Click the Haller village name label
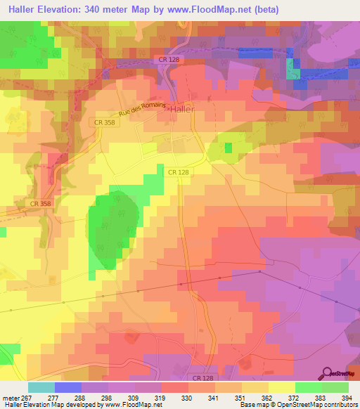tap(181, 109)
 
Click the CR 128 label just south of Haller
tap(179, 171)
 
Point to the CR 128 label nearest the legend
tap(202, 378)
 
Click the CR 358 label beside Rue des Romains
tap(102, 122)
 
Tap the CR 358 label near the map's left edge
tap(41, 204)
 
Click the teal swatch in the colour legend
tap(41, 387)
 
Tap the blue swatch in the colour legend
tap(68, 387)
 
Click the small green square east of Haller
tap(228, 148)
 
